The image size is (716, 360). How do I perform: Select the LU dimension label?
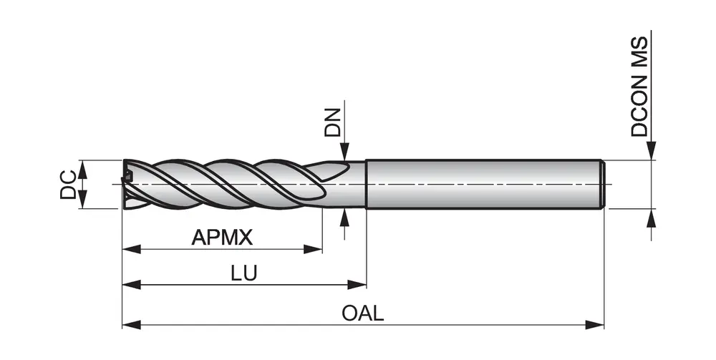[x=244, y=274]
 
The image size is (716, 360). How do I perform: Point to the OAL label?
[x=363, y=313]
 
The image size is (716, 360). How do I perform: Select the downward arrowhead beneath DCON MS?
[x=652, y=151]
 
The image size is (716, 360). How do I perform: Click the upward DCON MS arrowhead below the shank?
[x=652, y=218]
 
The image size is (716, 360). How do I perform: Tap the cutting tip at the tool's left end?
[x=129, y=184]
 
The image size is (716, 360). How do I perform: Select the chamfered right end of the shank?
[x=603, y=184]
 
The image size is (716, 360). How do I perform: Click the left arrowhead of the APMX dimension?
[x=131, y=249]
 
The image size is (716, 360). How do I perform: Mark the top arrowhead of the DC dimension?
[x=81, y=169]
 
